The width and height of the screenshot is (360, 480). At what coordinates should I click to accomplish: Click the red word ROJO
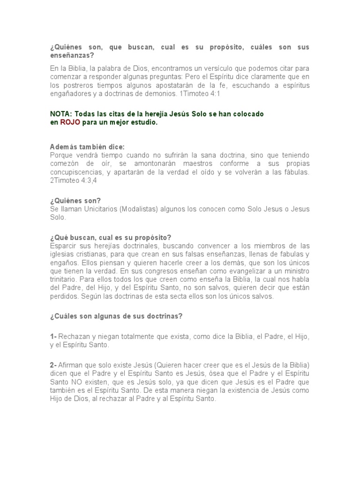pos(69,123)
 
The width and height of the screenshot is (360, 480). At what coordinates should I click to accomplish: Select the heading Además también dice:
pos(88,147)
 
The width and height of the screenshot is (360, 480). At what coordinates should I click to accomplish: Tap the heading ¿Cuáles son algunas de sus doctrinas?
pos(116,316)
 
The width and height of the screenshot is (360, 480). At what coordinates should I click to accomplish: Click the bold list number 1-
pos(54,337)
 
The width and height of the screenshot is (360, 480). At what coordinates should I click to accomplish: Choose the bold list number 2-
pos(54,366)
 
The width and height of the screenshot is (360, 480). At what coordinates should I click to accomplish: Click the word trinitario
pos(64,280)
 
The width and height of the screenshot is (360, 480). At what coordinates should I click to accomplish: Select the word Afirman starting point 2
pos(73,366)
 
